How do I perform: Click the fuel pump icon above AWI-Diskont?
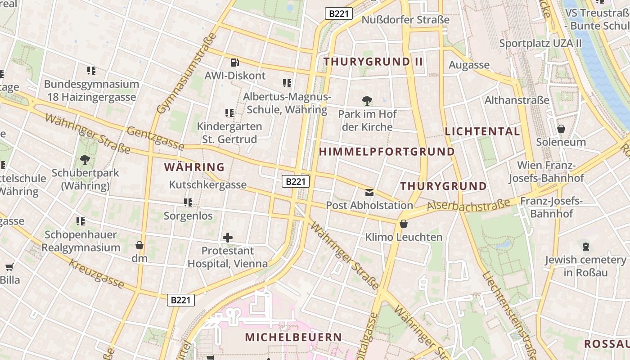pos(234,63)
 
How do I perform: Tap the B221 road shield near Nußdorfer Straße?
pos(338,13)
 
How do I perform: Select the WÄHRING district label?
pos(194,167)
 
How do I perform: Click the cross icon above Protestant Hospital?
pos(228,237)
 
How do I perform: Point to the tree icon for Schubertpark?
pos(85,159)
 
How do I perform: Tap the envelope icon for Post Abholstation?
pos(369,193)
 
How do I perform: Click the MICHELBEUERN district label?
pos(293,337)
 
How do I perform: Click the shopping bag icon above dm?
pos(139,245)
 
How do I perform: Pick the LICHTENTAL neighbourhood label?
pos(482,131)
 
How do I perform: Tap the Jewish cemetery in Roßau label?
pos(585,266)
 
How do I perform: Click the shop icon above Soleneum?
pos(561,129)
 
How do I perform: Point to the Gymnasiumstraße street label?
pos(187,73)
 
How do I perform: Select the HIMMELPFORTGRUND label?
pos(387,152)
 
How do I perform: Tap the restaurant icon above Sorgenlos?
pos(188,202)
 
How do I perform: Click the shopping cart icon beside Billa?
pos(9,267)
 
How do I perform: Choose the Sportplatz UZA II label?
pos(540,43)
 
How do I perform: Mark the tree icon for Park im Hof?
pos(367,100)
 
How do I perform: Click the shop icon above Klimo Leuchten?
pos(403,223)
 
